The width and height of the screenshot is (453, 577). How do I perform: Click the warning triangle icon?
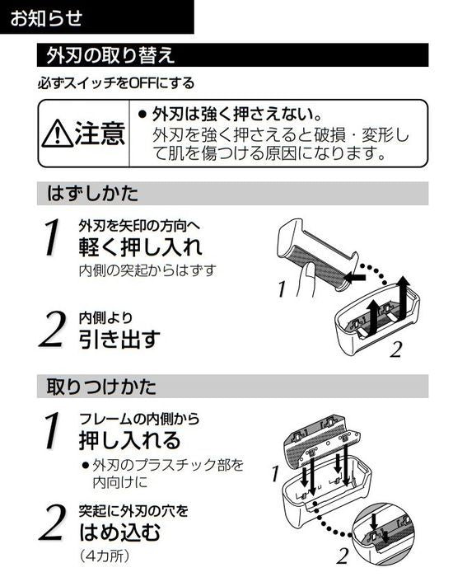(57, 133)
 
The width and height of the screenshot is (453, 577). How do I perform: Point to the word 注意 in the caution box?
(99, 133)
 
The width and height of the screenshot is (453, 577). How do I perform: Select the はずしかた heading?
(92, 194)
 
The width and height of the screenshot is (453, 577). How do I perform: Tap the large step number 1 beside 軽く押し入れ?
(52, 237)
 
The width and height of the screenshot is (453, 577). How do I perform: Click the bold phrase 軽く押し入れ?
(140, 246)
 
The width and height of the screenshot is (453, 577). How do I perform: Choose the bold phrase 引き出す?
(119, 338)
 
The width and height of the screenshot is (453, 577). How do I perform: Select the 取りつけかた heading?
(101, 385)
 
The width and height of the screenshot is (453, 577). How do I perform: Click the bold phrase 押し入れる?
(129, 439)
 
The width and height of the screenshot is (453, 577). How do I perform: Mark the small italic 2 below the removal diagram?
(395, 349)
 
